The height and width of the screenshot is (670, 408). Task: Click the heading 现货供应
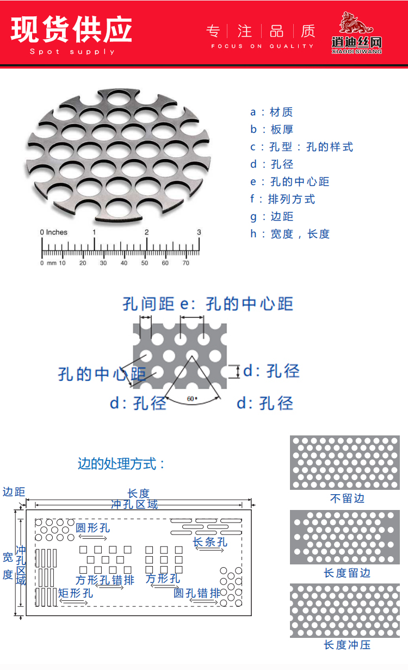tap(71, 29)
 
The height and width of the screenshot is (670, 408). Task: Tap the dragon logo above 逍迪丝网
tap(356, 23)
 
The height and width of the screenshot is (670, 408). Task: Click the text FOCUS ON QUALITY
tap(262, 46)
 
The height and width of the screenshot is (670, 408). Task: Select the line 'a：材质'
tap(271, 112)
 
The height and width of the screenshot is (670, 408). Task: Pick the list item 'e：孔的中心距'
tap(289, 182)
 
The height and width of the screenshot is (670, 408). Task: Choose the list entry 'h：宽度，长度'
tap(290, 234)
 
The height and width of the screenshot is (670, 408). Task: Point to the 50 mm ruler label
tap(144, 263)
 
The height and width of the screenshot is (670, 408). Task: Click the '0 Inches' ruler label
tap(53, 232)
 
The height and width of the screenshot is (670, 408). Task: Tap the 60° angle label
tap(191, 399)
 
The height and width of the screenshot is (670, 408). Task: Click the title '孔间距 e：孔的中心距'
tap(208, 304)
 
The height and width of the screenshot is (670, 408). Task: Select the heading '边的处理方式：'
tap(121, 464)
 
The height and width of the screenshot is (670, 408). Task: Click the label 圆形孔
tap(92, 528)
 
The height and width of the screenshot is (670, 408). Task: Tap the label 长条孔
tap(210, 542)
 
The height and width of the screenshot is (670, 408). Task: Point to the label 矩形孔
tap(75, 593)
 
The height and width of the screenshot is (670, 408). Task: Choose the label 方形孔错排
tap(105, 580)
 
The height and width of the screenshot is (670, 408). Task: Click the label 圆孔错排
tap(197, 593)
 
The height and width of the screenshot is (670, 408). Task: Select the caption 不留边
tap(347, 499)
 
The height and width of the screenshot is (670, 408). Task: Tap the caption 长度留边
tap(347, 573)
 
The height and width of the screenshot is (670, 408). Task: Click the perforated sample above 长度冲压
tap(345, 611)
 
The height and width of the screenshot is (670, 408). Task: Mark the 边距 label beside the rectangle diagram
tap(14, 491)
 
